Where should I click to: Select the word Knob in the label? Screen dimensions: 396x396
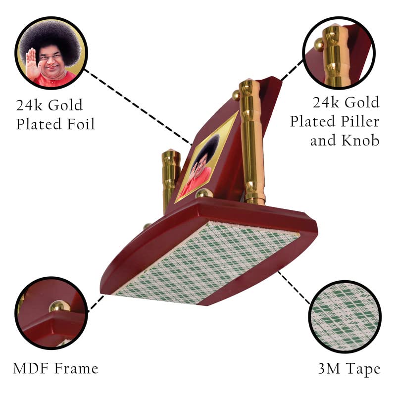(x=360, y=140)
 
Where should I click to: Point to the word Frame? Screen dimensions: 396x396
(x=77, y=368)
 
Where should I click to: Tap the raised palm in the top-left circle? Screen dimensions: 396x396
(x=32, y=63)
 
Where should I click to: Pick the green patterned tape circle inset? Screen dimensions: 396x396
(x=345, y=316)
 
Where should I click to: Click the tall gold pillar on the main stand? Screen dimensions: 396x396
(x=251, y=142)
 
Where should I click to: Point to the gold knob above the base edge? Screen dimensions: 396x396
(x=204, y=193)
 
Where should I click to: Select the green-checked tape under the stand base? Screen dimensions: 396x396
(x=206, y=263)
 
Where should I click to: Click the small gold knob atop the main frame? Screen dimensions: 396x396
(x=236, y=95)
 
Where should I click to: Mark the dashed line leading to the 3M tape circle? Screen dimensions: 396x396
(x=294, y=288)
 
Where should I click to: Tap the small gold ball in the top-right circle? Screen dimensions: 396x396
(x=319, y=45)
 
